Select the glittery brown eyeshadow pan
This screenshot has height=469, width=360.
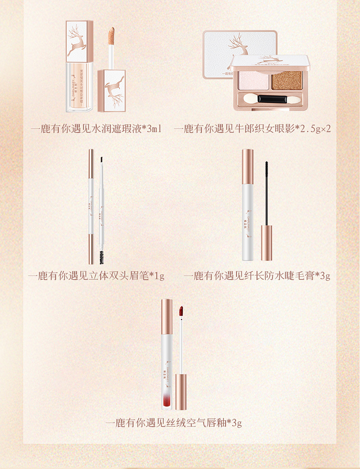289,81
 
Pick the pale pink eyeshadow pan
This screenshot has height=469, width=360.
251,81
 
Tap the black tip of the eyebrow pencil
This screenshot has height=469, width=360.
101,160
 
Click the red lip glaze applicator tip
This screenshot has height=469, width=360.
180,311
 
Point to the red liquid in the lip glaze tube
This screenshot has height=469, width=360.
166,399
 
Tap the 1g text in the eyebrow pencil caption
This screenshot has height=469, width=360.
159,276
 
